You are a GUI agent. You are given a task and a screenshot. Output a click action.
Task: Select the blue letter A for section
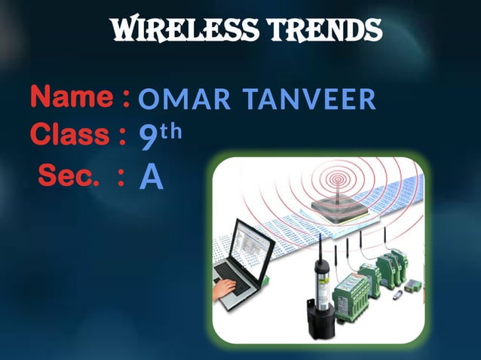151,178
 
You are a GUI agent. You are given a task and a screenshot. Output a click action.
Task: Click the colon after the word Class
121,136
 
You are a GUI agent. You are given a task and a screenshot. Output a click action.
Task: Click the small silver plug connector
412,286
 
